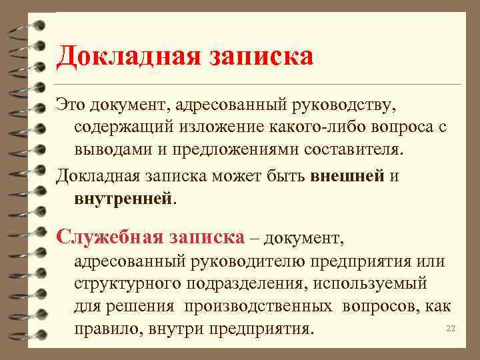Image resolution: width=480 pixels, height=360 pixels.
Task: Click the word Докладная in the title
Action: [x=123, y=55]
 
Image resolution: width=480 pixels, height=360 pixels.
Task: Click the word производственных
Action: [x=259, y=306]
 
